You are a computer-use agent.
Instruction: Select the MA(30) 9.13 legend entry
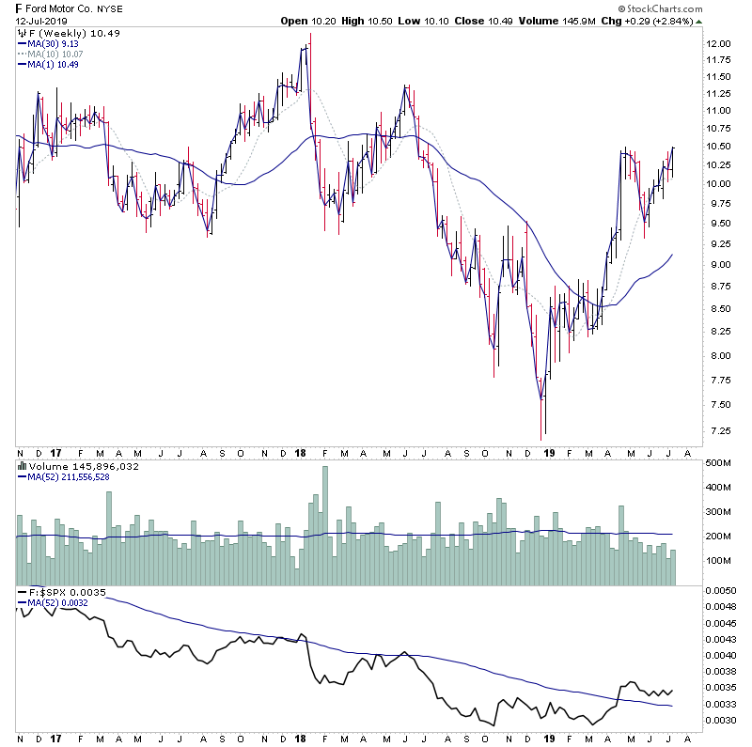[x=56, y=43]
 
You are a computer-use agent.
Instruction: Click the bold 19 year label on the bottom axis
[x=549, y=453]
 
